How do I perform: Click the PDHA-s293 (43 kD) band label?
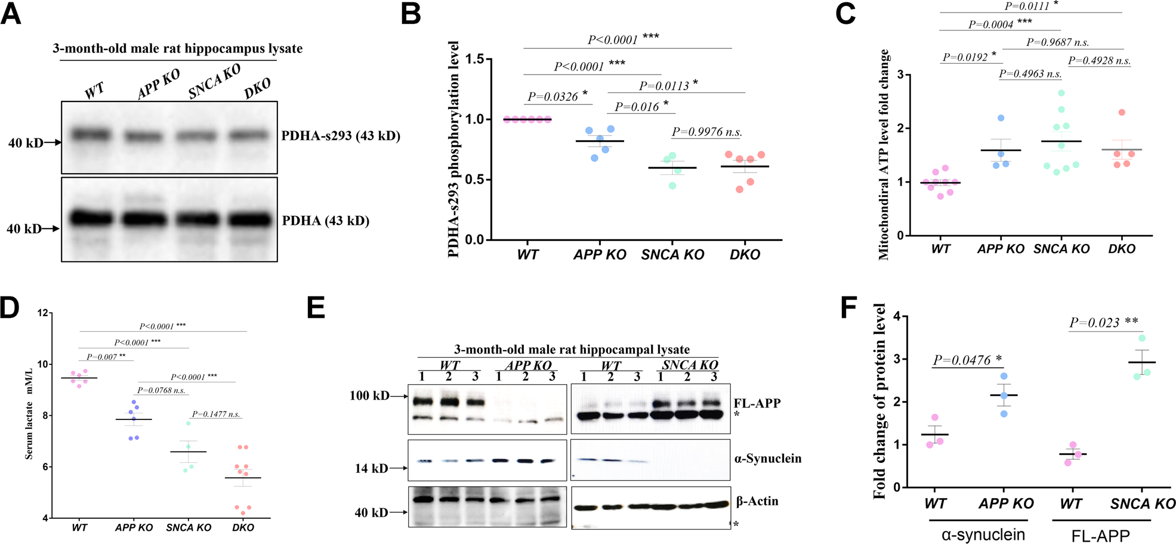tap(341, 136)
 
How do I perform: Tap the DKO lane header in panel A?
tap(258, 89)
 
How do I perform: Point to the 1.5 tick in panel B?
tap(475, 59)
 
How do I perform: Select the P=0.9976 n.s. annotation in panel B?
tap(706, 132)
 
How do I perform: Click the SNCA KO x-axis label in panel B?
tap(672, 255)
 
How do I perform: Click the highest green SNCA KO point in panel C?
tap(1061, 93)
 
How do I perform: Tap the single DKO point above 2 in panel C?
tap(1122, 112)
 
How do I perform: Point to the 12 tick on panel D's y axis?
tap(42, 313)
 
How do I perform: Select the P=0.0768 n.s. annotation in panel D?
tap(162, 390)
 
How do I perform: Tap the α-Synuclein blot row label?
tap(768, 459)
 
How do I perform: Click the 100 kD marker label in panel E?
tap(369, 396)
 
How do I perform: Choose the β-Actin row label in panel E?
tap(757, 501)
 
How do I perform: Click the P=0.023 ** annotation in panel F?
tap(1103, 323)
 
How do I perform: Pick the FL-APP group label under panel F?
tap(1098, 535)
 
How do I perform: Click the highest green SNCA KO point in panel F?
tap(1141, 338)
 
